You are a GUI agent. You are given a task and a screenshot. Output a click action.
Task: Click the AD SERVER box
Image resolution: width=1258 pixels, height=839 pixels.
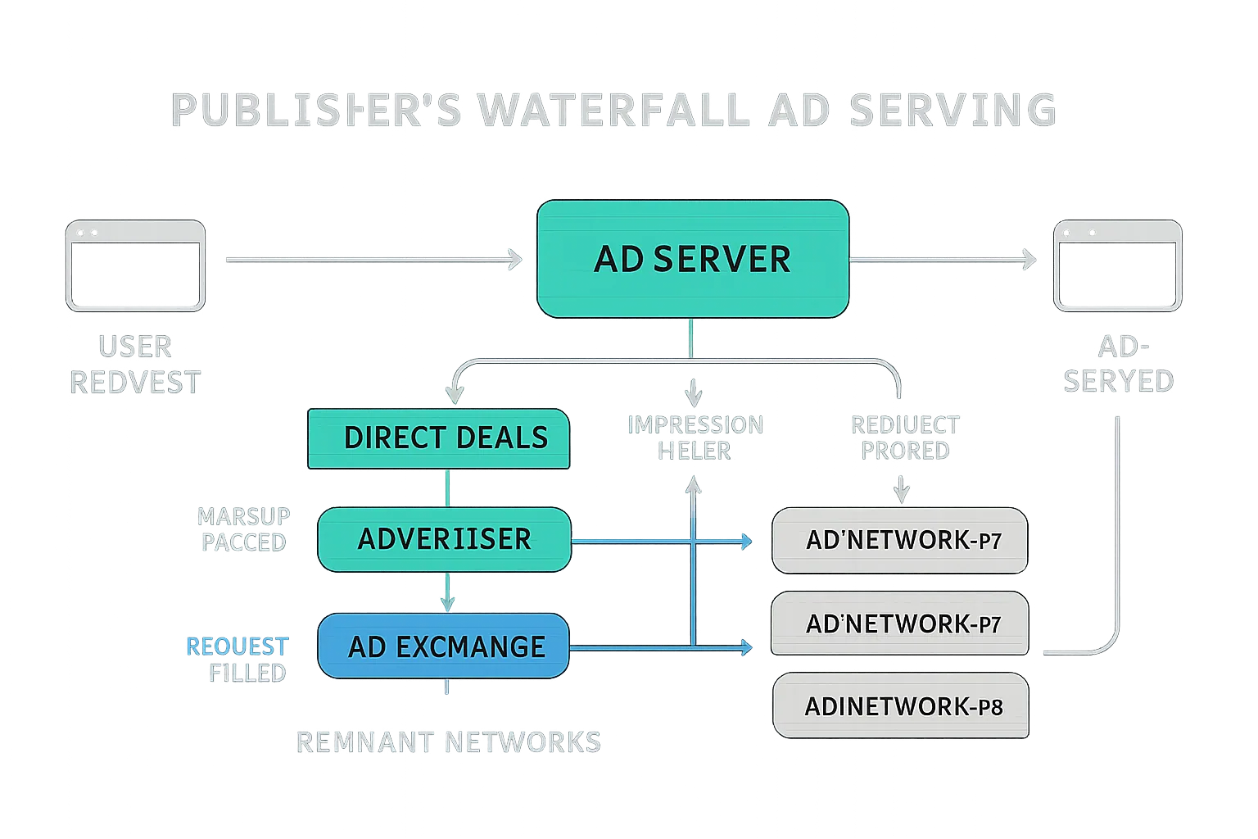(x=692, y=259)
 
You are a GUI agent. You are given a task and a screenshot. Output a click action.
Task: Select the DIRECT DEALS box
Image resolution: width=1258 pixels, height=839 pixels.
(x=438, y=438)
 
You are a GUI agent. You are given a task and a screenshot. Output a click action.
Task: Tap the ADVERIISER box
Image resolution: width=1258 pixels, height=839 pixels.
(x=443, y=539)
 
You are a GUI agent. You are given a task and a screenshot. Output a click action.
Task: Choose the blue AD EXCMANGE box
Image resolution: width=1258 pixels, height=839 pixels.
(x=443, y=646)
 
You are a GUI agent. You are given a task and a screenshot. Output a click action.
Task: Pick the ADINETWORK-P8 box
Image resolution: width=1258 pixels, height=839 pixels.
(x=900, y=706)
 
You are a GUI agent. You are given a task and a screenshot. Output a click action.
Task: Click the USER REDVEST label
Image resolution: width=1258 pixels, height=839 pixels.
(x=135, y=365)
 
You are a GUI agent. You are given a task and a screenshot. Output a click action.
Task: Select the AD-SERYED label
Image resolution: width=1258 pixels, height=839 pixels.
(x=1118, y=365)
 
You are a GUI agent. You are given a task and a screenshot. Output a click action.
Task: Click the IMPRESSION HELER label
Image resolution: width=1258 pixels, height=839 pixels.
(x=695, y=438)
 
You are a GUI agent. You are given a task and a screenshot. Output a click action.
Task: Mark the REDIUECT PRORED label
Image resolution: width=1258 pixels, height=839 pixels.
(x=904, y=438)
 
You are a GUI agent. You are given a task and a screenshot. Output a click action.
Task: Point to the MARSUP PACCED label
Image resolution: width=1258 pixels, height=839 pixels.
(x=243, y=529)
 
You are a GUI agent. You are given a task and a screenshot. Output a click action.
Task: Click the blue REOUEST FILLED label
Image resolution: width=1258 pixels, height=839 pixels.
(x=237, y=660)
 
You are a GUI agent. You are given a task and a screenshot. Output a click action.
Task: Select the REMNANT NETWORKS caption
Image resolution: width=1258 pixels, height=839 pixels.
(x=448, y=742)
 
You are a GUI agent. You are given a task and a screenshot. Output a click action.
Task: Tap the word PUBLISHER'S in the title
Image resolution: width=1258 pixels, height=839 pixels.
(x=316, y=111)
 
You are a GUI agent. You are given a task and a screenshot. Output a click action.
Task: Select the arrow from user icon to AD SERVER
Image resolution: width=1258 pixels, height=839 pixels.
(x=373, y=261)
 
